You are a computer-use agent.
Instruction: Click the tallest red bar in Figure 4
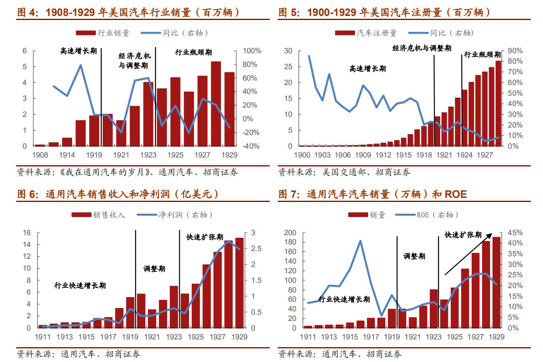click(216, 104)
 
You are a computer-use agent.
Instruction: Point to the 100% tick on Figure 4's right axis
click(252, 51)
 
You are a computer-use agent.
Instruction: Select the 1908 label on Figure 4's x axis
click(40, 155)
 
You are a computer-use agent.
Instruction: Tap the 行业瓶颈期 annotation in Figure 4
click(193, 52)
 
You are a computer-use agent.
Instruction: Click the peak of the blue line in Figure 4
click(81, 65)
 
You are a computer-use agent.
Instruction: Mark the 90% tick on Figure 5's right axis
click(515, 51)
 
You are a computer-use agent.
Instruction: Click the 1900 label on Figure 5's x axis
click(302, 155)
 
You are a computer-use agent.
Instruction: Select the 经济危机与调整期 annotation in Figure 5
click(422, 48)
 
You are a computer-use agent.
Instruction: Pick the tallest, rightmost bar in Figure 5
click(498, 103)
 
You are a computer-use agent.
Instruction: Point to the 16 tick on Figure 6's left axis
click(27, 233)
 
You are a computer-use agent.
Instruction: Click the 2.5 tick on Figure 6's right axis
click(256, 248)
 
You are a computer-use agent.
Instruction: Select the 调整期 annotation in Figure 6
click(154, 269)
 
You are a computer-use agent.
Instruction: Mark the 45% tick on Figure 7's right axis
click(515, 233)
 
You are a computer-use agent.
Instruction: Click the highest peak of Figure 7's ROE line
click(360, 241)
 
